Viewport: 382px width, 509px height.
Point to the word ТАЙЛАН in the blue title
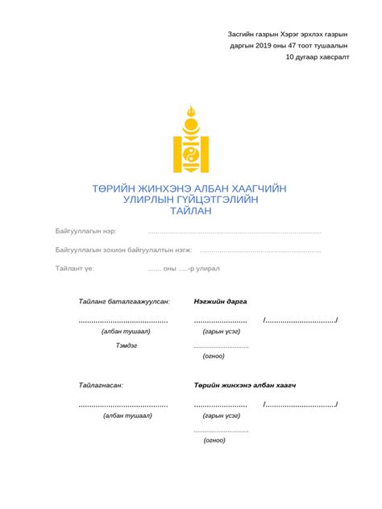(x=190, y=211)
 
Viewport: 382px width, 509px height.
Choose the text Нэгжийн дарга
(x=220, y=301)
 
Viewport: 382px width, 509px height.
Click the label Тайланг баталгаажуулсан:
(x=124, y=301)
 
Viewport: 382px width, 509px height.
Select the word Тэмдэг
(x=127, y=344)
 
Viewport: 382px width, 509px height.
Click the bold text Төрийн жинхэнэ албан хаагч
(x=244, y=386)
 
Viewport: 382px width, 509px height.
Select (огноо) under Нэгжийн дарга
(x=214, y=355)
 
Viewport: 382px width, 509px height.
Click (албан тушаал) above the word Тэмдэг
(x=127, y=331)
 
